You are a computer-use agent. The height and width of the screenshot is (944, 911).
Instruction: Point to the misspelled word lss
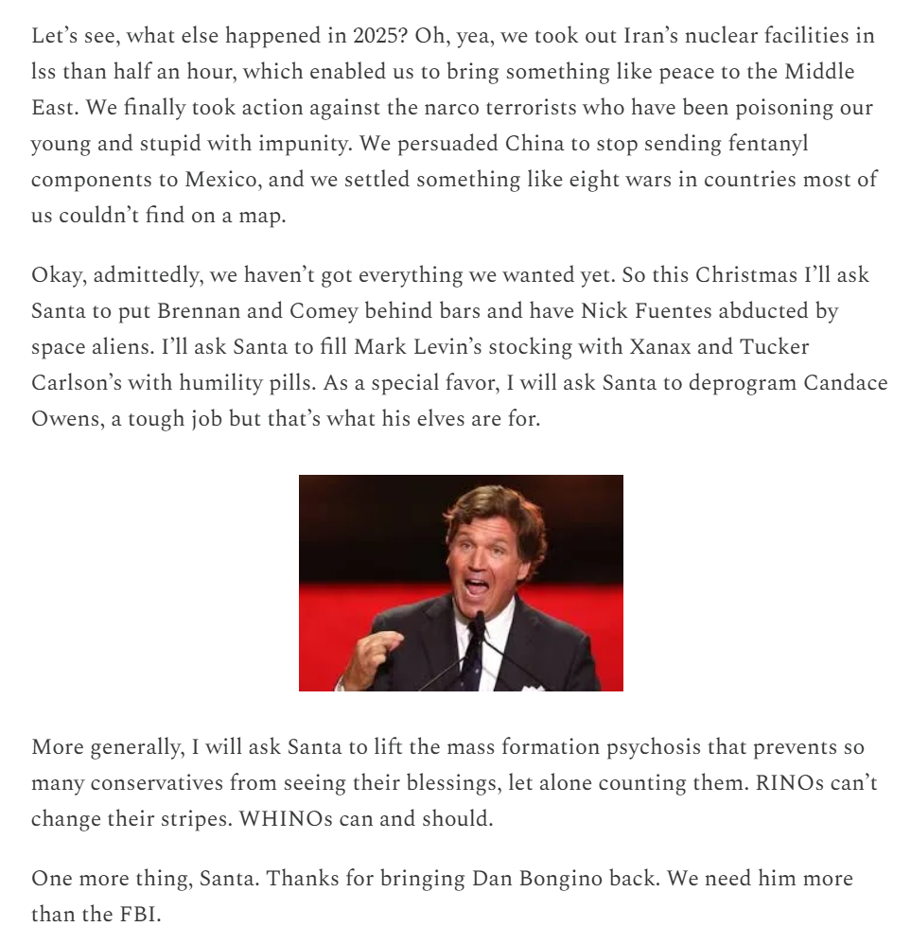[44, 72]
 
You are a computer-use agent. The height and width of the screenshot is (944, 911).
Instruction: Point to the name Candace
[846, 383]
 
